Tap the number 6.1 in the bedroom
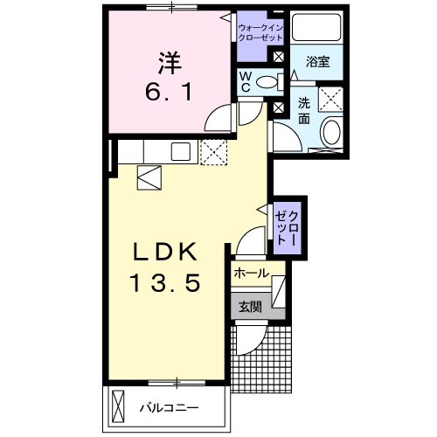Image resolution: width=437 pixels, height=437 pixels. tap(169, 91)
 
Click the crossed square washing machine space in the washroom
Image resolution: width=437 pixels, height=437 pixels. tap(329, 99)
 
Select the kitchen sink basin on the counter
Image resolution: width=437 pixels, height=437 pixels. tap(183, 151)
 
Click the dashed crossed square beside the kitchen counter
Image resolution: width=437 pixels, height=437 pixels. tap(212, 152)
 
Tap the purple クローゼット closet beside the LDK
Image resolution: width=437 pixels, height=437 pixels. tap(287, 226)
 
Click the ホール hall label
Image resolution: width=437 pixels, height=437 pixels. tap(251, 274)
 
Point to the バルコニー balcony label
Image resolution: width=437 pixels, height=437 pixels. tap(170, 408)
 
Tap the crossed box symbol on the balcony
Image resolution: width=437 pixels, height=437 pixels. tap(121, 406)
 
